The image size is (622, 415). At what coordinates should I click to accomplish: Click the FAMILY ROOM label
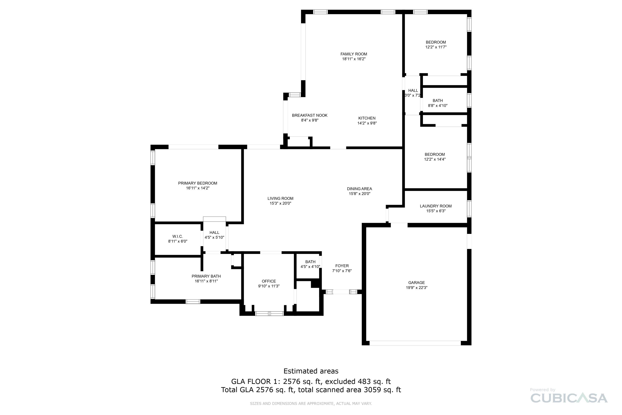[x=354, y=54]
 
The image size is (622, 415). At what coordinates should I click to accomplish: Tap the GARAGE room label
[x=417, y=283]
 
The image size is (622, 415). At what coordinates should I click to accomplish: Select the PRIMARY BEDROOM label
[x=198, y=183]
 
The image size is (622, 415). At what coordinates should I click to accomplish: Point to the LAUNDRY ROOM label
[x=436, y=206]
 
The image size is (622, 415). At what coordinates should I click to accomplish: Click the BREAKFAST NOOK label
[x=310, y=115]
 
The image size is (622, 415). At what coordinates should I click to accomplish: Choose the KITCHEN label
[x=367, y=118]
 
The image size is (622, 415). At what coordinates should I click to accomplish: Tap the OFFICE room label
[x=269, y=281]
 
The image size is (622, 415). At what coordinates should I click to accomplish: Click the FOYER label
[x=342, y=266]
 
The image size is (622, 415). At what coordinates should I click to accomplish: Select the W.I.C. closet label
[x=177, y=237]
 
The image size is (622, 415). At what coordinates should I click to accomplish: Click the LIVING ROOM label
[x=280, y=199]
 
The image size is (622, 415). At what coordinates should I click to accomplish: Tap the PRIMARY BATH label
[x=206, y=276]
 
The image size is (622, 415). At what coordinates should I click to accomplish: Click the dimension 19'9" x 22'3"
[x=417, y=288]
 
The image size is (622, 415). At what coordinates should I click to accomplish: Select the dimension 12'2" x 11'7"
[x=436, y=47]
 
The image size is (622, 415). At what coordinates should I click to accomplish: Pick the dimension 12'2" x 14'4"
[x=435, y=159]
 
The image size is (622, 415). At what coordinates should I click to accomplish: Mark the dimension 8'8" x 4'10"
[x=438, y=106]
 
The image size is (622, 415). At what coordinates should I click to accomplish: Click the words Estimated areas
[x=311, y=371]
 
